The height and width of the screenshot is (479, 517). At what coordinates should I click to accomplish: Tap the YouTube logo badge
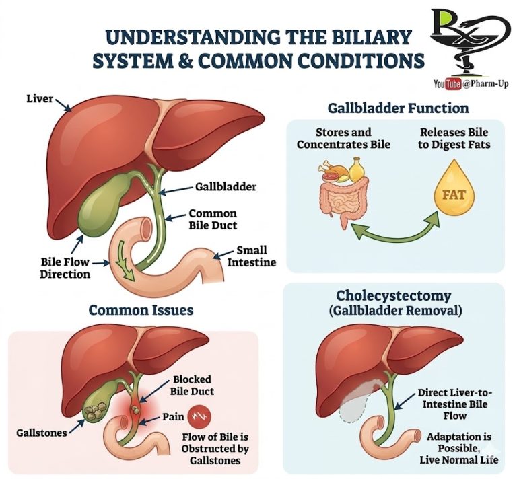447,83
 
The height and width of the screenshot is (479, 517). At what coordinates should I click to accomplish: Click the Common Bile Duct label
213,219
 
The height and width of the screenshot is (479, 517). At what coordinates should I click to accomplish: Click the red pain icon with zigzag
199,417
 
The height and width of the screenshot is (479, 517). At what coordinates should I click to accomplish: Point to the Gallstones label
42,432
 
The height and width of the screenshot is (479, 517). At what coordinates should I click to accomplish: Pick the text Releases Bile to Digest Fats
454,139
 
